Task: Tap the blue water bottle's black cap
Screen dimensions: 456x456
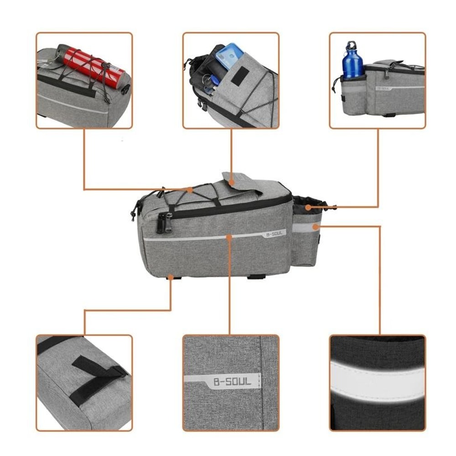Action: click(x=351, y=46)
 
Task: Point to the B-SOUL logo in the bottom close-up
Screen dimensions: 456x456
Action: click(x=232, y=381)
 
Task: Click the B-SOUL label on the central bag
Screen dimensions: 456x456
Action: click(x=274, y=234)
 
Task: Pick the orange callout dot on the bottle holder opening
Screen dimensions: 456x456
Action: click(x=308, y=207)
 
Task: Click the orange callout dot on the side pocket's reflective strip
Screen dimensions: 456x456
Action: click(x=315, y=226)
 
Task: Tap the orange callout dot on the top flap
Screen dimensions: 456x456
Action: click(x=232, y=182)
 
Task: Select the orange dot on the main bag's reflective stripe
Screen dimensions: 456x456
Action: click(x=229, y=237)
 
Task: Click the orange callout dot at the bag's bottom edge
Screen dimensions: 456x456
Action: click(x=170, y=276)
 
